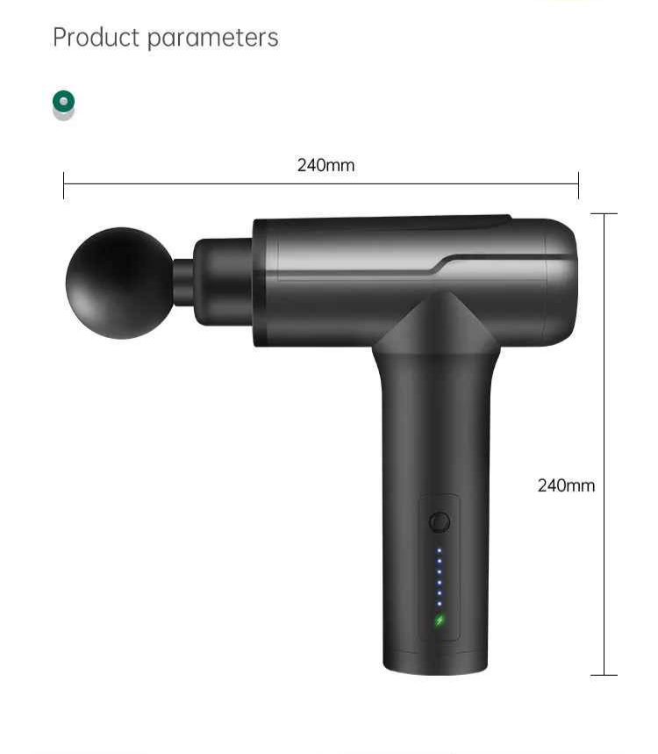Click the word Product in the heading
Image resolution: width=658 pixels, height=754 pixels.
tap(96, 37)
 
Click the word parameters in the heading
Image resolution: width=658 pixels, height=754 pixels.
tap(213, 39)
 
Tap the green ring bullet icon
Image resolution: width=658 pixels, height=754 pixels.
tap(63, 101)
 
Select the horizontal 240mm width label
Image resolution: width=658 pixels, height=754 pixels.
tap(325, 165)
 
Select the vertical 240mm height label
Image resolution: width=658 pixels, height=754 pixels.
tap(566, 485)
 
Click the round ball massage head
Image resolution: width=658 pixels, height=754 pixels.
tap(119, 283)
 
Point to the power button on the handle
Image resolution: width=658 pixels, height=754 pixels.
tap(440, 521)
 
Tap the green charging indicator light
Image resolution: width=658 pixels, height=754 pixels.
tap(440, 621)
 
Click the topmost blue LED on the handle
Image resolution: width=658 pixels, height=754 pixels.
tap(440, 550)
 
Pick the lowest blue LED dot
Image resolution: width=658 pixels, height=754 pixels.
tap(440, 604)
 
